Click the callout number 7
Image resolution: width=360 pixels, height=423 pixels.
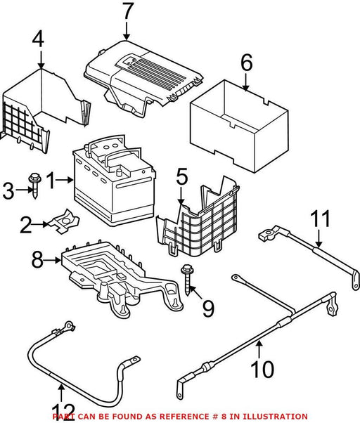point(128,11)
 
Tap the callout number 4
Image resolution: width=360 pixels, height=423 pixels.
point(38,39)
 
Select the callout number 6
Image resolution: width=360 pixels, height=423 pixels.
point(246,63)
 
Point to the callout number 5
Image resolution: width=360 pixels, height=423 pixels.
point(182,176)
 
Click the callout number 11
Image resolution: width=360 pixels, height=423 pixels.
point(320,219)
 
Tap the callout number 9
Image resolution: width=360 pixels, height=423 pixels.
point(208,308)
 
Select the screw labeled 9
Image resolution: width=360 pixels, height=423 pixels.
point(187,280)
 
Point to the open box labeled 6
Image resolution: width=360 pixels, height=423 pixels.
point(239,126)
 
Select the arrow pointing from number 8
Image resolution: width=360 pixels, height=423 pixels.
point(52,260)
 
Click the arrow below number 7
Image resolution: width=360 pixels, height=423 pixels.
point(127,31)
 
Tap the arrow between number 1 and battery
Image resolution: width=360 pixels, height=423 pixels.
point(65,180)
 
